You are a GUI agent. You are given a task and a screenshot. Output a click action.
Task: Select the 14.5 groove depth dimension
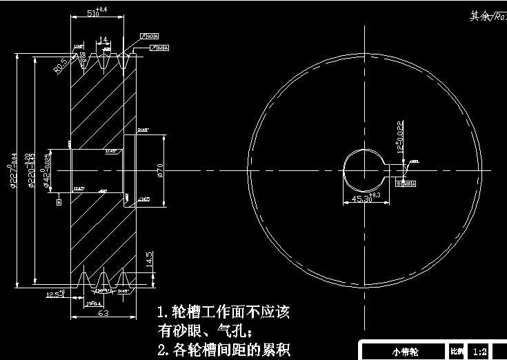[x=148, y=260]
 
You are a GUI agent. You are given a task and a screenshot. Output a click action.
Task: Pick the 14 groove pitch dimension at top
[x=103, y=40]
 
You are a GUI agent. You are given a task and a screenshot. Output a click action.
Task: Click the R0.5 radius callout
[x=61, y=66]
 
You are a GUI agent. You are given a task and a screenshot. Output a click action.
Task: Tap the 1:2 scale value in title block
[x=481, y=352]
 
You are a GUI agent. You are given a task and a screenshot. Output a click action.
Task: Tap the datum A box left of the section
[x=59, y=202]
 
